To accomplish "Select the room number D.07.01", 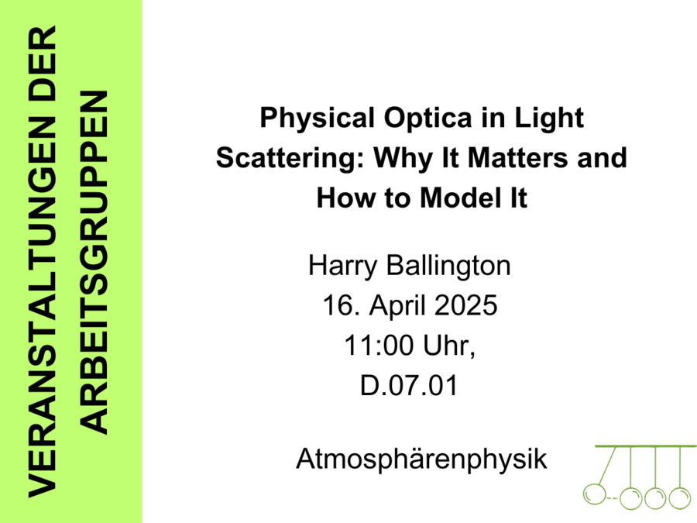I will [x=409, y=385].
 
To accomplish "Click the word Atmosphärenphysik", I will [x=421, y=459].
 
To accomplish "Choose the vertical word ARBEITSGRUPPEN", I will [x=95, y=263].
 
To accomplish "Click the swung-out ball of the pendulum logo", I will [x=594, y=494].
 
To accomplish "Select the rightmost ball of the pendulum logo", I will [x=679, y=497].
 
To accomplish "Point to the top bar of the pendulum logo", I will [x=645, y=446].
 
